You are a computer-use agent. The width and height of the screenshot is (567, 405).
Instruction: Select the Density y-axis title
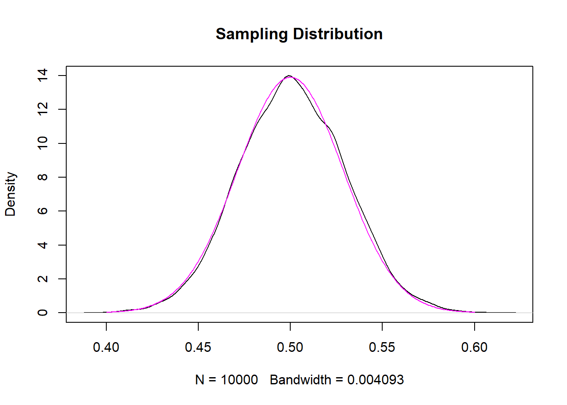pos(10,194)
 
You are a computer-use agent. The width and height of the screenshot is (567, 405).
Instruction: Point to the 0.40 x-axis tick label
pos(106,347)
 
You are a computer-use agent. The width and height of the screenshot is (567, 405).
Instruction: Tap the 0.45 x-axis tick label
pos(198,347)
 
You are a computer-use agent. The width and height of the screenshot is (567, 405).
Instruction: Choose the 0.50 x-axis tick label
pos(290,347)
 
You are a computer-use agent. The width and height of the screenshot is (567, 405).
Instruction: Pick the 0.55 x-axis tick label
pos(382,347)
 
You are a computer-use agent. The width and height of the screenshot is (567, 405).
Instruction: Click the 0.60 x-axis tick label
pos(474,347)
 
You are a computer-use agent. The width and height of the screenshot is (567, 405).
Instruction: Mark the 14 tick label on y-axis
pos(43,76)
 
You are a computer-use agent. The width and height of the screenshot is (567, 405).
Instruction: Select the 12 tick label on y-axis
pos(43,109)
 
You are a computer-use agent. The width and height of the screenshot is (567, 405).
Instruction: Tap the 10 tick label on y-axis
pos(43,143)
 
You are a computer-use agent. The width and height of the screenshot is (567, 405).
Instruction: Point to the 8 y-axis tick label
pos(43,177)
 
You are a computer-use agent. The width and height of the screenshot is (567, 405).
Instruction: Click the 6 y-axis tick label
pos(43,211)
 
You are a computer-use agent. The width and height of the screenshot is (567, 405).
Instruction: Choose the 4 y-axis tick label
pos(43,245)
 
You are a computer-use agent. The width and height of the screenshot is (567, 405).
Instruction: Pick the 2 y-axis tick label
pos(43,279)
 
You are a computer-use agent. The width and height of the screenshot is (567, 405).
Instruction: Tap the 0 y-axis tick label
pos(43,313)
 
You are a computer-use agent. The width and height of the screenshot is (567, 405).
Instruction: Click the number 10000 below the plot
pos(239,380)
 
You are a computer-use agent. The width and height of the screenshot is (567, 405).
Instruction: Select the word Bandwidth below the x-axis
pos(300,380)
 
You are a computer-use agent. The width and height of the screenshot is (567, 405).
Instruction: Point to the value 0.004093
pos(375,380)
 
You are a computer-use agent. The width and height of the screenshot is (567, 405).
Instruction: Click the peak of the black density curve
pos(289,76)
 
